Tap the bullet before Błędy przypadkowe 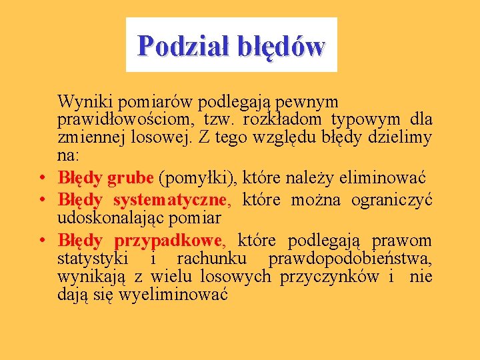[x=41, y=241]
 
